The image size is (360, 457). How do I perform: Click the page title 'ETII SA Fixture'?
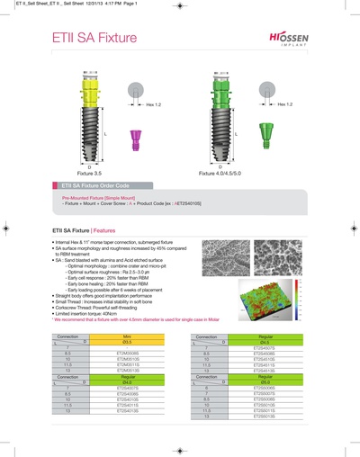(98, 40)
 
